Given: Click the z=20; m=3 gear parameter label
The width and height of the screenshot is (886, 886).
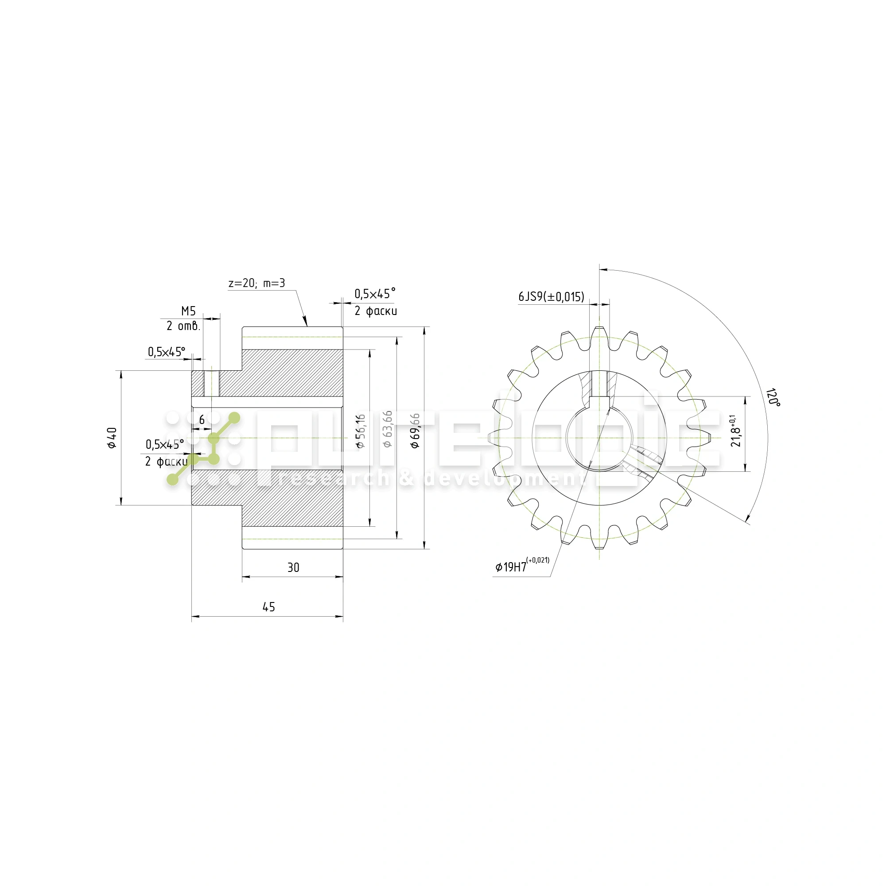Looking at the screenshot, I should (x=256, y=283).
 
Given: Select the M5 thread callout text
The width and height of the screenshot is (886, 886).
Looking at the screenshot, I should (x=188, y=311).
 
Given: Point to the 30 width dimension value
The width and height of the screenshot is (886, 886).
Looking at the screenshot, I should (x=293, y=568).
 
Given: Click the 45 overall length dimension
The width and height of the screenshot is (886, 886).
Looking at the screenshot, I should (x=268, y=607).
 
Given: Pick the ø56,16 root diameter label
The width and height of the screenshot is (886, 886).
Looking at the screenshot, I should (x=361, y=431).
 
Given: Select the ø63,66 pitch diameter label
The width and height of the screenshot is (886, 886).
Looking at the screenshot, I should (x=388, y=429).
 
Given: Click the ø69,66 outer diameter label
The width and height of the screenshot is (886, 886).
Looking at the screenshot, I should (x=415, y=431).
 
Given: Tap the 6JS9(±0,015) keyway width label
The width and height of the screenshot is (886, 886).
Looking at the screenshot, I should (x=551, y=297).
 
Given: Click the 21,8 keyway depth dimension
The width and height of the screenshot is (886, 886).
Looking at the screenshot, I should (x=735, y=431).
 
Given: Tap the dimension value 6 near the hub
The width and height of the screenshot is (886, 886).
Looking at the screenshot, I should (x=202, y=420).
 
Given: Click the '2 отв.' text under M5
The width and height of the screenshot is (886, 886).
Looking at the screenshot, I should (x=183, y=326).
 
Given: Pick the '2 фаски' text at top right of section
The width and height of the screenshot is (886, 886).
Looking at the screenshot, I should (x=376, y=311).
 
